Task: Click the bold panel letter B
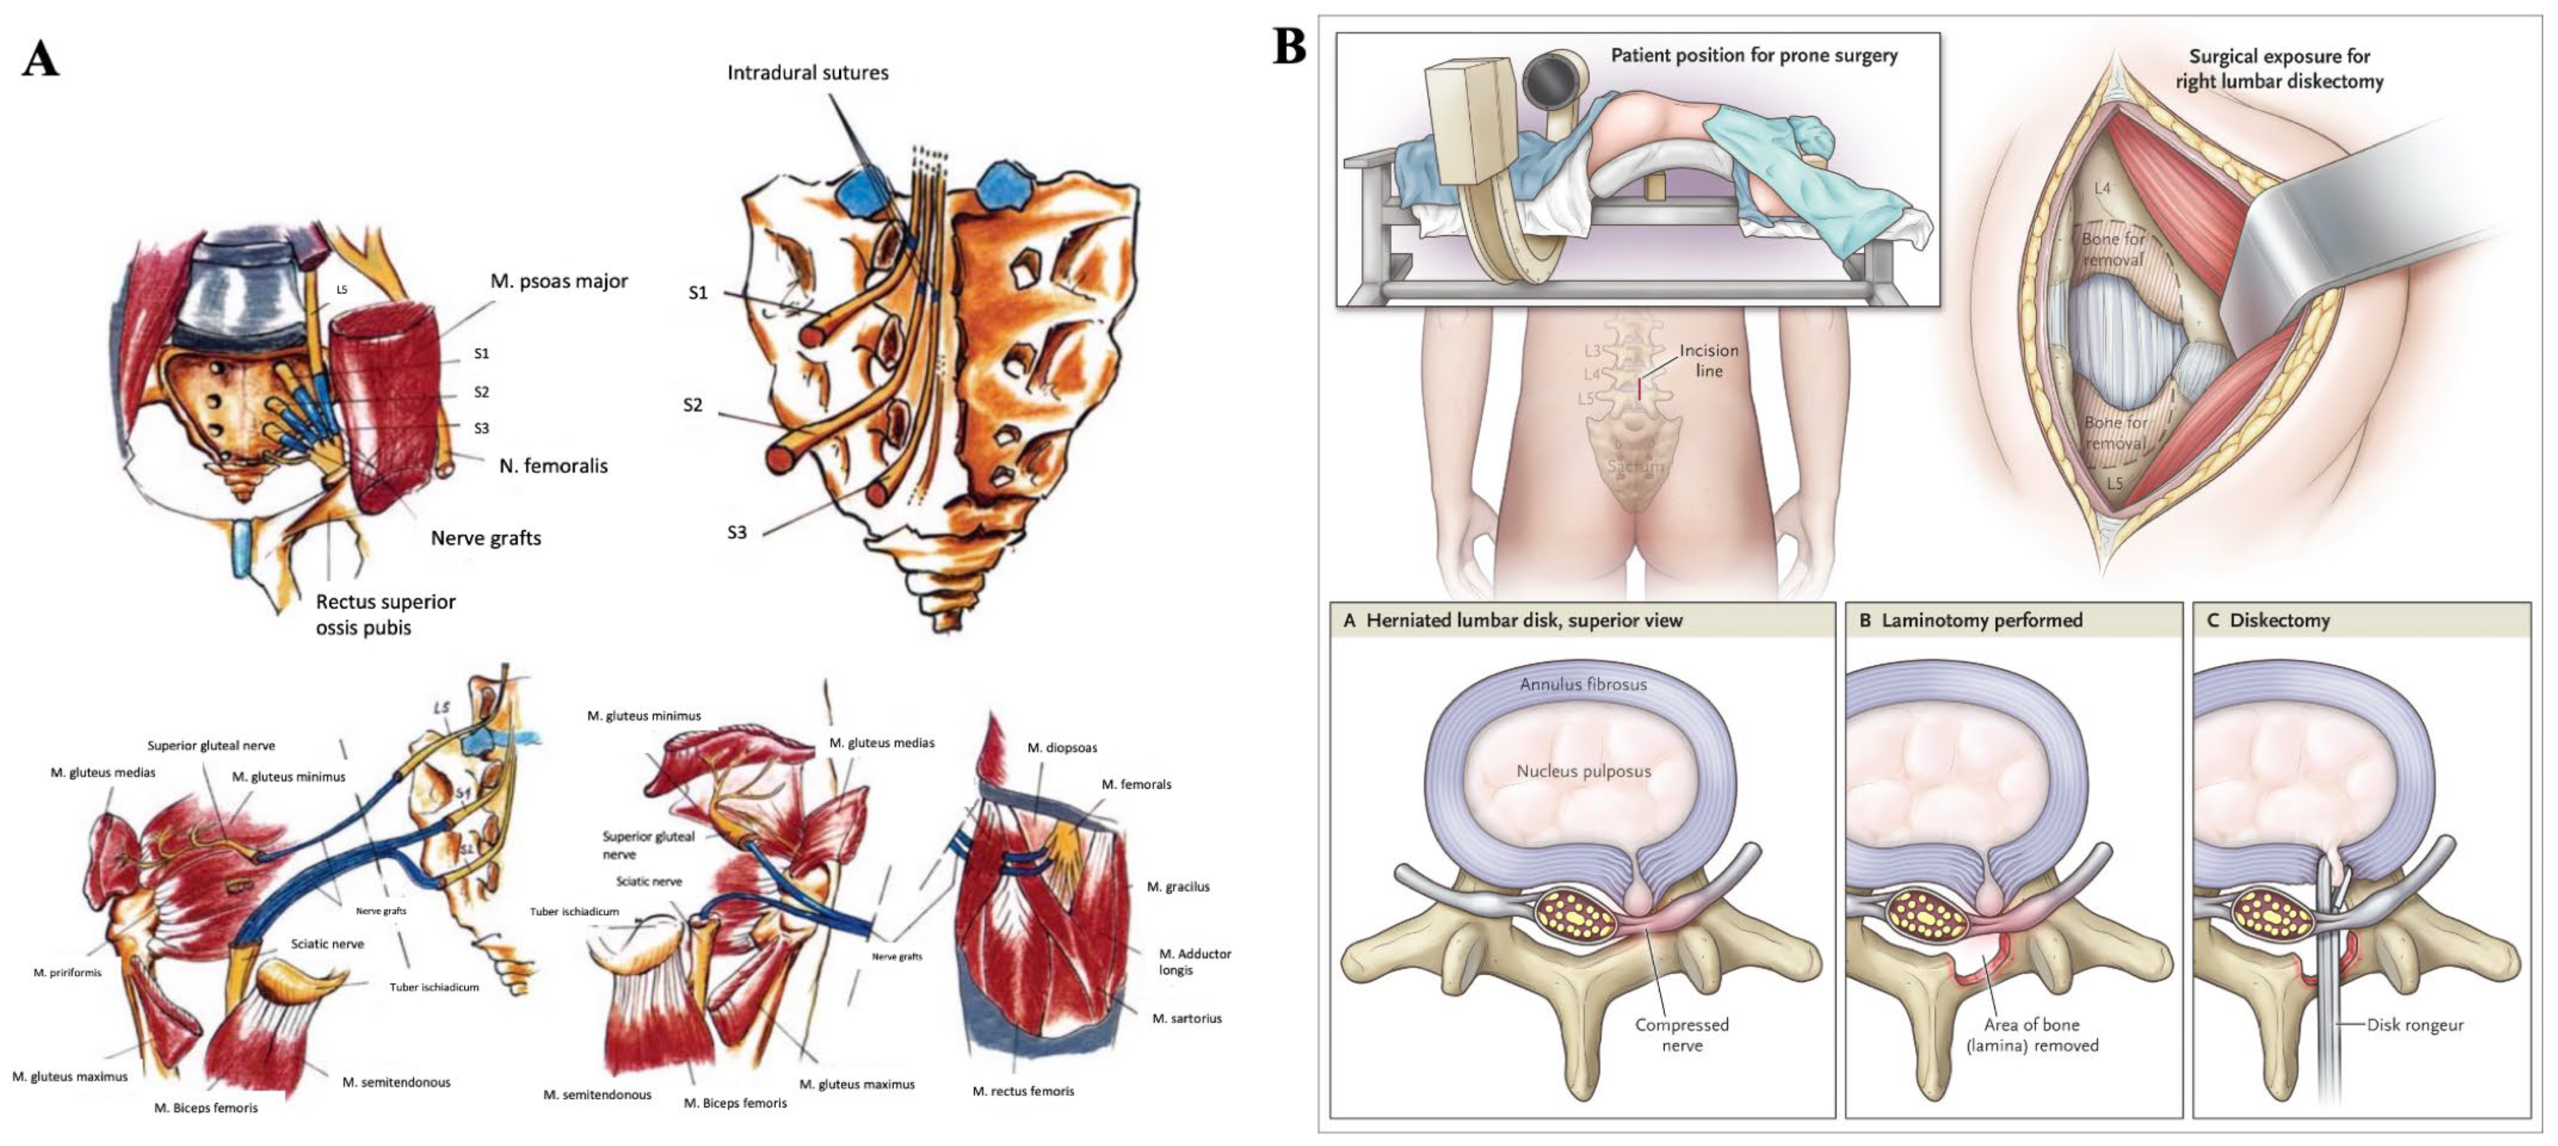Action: click(1289, 47)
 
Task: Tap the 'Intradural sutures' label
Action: click(808, 72)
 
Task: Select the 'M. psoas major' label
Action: click(559, 281)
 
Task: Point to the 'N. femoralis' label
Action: click(553, 466)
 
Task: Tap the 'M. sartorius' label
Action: click(1187, 1018)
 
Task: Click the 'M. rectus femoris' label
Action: click(1023, 1091)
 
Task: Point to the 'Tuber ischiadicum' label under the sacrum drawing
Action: click(434, 987)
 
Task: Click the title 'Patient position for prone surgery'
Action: click(1753, 55)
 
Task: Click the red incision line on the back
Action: click(1639, 389)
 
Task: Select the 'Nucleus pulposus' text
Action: click(1583, 771)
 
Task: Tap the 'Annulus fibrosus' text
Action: click(1583, 684)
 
